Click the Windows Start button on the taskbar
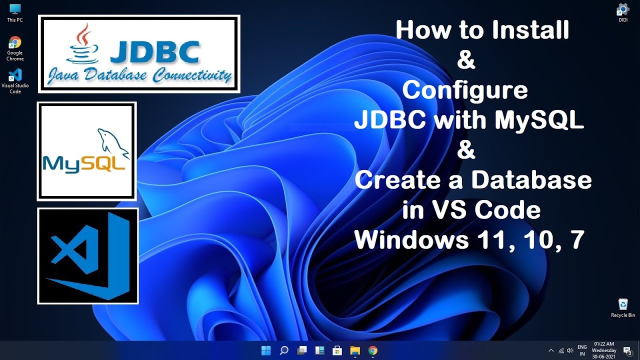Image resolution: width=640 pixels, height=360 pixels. pyautogui.click(x=265, y=350)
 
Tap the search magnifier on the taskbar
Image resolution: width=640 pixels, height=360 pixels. pyautogui.click(x=283, y=350)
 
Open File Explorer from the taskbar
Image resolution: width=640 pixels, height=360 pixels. pyautogui.click(x=354, y=350)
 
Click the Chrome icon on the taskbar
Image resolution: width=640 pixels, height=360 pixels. pyautogui.click(x=372, y=350)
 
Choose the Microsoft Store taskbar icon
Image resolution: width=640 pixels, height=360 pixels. pyautogui.click(x=337, y=350)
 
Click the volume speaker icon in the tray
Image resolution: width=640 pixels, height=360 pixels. pyautogui.click(x=569, y=350)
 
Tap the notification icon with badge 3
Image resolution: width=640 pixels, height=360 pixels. pyautogui.click(x=627, y=350)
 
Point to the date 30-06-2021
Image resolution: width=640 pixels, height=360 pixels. pyautogui.click(x=604, y=356)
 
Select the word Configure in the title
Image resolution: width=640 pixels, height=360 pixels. pyautogui.click(x=464, y=90)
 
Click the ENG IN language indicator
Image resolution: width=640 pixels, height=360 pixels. pyautogui.click(x=582, y=350)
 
